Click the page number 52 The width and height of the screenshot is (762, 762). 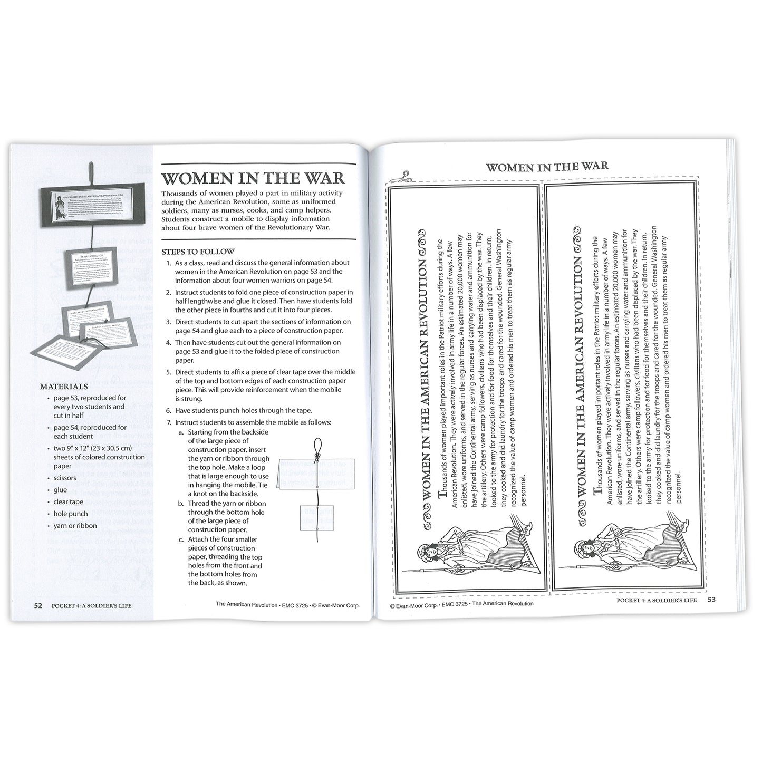tap(38, 605)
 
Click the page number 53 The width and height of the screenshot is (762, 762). tap(711, 600)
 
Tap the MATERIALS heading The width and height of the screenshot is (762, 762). tap(64, 387)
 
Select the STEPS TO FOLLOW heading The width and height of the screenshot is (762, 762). tap(198, 252)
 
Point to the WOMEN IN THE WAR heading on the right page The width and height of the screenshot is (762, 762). tap(547, 167)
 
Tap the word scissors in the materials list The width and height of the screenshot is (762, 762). tap(64, 478)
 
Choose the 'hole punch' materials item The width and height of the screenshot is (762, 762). tap(71, 514)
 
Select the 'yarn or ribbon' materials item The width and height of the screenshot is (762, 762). tap(75, 525)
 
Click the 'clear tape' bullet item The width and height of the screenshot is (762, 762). tap(68, 502)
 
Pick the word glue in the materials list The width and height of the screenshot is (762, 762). tap(60, 490)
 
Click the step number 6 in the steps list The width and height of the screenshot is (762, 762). tap(168, 410)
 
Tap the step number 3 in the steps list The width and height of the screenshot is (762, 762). tap(168, 322)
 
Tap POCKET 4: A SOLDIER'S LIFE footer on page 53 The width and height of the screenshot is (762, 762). tap(657, 600)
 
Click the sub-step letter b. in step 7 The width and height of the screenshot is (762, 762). tap(180, 504)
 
